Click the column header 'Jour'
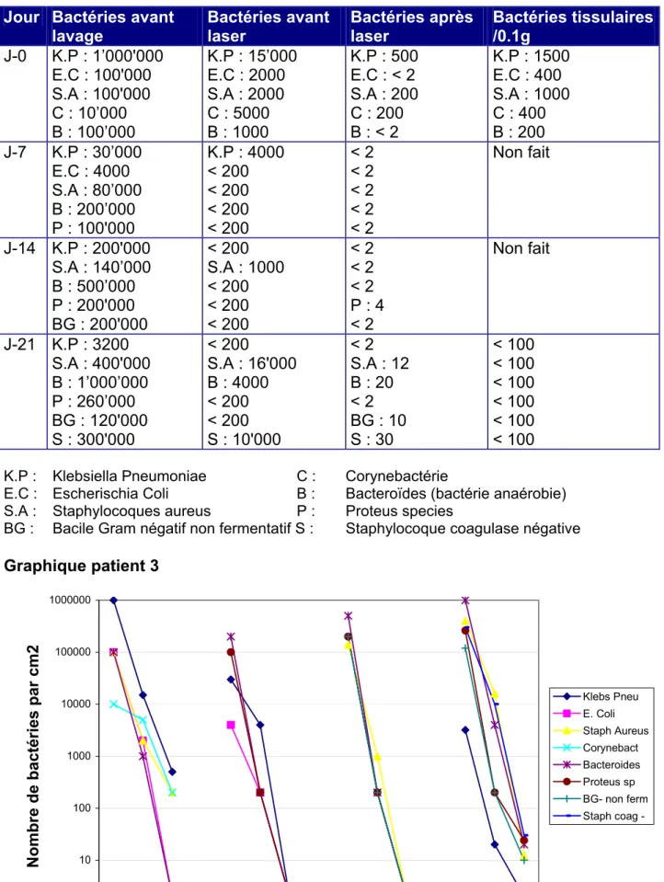click(21, 17)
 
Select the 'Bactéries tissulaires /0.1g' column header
click(573, 27)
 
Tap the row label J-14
click(19, 248)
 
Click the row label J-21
click(19, 344)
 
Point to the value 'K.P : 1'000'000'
click(108, 56)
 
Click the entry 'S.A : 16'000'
click(252, 363)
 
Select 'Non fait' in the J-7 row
click(521, 153)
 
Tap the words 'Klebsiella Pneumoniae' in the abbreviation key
click(130, 476)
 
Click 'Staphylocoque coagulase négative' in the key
click(463, 529)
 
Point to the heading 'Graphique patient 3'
click(81, 566)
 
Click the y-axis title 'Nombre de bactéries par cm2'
click(33, 756)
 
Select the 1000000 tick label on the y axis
click(70, 601)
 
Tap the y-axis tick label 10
click(85, 860)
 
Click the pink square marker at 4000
click(231, 725)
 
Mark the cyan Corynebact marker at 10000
click(114, 704)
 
